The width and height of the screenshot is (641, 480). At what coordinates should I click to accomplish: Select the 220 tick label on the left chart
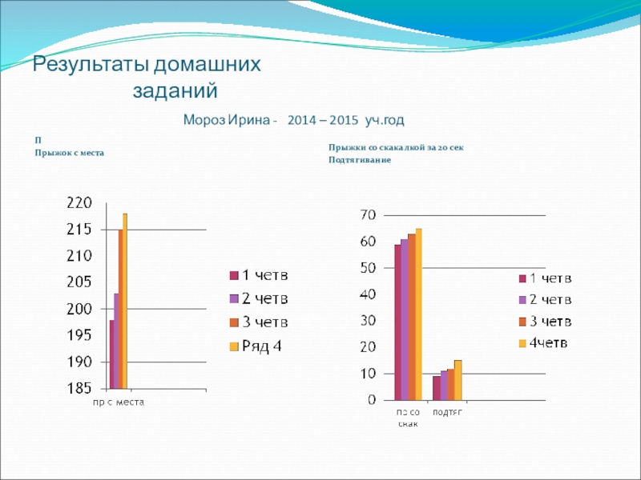point(79,203)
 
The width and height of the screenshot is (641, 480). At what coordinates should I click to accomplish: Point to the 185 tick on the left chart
point(79,390)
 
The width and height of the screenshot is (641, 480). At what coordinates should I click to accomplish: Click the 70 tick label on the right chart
point(368,214)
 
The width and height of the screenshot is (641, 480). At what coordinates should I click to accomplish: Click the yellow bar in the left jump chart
point(125,301)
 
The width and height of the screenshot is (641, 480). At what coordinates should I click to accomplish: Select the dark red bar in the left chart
point(111,354)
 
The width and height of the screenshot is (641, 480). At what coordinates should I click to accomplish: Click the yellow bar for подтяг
point(458,380)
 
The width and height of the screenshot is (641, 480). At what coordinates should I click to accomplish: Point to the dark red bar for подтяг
point(436,388)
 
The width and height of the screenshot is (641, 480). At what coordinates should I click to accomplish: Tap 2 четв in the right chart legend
point(545,300)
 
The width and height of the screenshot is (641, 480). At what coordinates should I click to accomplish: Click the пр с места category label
point(116,402)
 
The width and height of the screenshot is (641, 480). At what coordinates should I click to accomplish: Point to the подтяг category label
point(447,412)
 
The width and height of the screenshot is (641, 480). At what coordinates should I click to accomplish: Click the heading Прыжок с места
point(70,152)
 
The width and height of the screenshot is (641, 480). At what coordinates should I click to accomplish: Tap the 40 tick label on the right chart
point(368,294)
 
